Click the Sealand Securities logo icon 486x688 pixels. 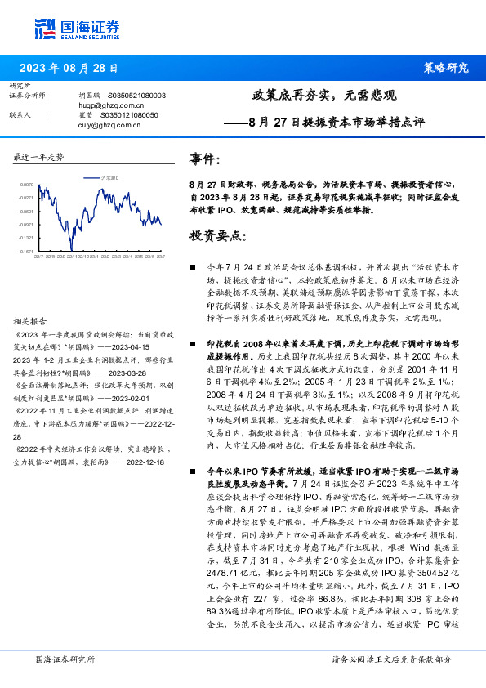pyautogui.click(x=46, y=28)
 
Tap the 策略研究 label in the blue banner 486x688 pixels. pyautogui.click(x=446, y=69)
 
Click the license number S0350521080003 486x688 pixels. pyautogui.click(x=136, y=96)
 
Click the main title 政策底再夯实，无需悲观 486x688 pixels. pyautogui.click(x=324, y=95)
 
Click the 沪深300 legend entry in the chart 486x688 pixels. pyautogui.click(x=109, y=176)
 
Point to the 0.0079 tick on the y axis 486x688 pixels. pyautogui.click(x=27, y=185)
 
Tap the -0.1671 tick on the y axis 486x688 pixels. pyautogui.click(x=27, y=251)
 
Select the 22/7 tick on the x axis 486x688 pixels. pyautogui.click(x=38, y=257)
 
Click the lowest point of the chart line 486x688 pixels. pyautogui.click(x=72, y=248)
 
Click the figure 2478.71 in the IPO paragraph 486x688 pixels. pyautogui.click(x=208, y=574)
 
